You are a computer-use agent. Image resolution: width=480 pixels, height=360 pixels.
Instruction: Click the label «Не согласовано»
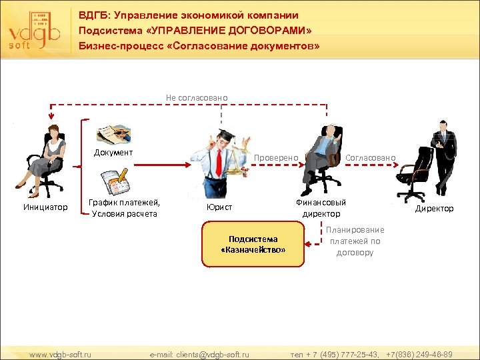(197, 98)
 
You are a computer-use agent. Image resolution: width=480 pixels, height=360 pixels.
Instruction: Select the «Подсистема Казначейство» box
(253, 244)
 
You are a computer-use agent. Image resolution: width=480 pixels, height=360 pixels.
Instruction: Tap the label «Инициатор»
(45, 208)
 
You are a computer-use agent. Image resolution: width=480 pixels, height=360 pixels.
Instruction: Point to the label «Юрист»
(219, 208)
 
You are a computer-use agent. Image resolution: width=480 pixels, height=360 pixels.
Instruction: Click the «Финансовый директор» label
(321, 208)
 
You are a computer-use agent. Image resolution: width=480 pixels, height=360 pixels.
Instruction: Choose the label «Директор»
(434, 209)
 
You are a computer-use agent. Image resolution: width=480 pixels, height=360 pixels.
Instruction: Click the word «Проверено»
(276, 157)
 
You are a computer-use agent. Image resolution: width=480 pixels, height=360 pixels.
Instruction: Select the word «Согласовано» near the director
(371, 157)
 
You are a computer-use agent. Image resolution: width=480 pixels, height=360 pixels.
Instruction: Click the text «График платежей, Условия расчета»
(125, 208)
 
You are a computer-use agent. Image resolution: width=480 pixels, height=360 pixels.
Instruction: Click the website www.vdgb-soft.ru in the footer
(61, 354)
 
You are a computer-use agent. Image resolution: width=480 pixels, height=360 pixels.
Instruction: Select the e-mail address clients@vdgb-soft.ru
(199, 354)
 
